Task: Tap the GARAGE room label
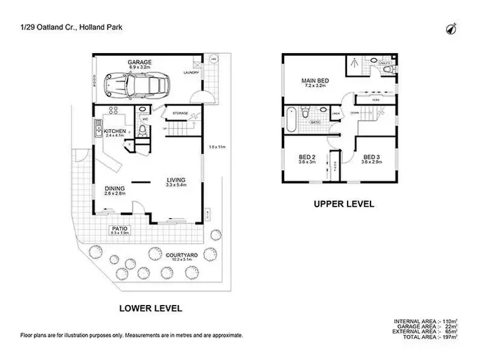pyautogui.click(x=138, y=62)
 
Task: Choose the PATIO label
pyautogui.click(x=118, y=228)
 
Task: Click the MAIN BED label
pyautogui.click(x=315, y=81)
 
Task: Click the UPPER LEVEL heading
pyautogui.click(x=343, y=205)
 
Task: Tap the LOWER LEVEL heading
pyautogui.click(x=151, y=308)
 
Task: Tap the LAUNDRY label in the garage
pyautogui.click(x=191, y=72)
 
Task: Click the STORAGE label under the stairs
pyautogui.click(x=180, y=113)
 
